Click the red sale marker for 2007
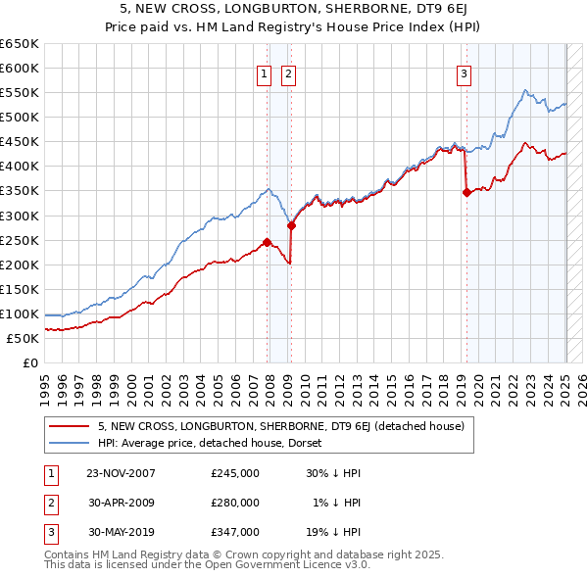click(267, 242)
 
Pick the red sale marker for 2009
click(291, 225)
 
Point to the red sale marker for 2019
click(466, 192)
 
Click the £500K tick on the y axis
click(21, 118)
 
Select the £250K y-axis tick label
click(21, 240)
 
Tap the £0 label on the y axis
click(31, 362)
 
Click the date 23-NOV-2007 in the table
click(121, 473)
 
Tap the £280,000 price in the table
click(235, 503)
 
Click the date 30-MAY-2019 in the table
click(121, 532)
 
